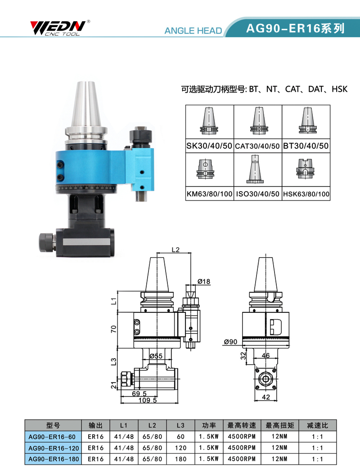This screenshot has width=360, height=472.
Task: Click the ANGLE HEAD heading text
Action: [x=193, y=31]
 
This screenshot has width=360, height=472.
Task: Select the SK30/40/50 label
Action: [x=209, y=146]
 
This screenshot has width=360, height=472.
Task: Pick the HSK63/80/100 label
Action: [x=306, y=194]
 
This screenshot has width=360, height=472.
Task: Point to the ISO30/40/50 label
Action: [x=257, y=194]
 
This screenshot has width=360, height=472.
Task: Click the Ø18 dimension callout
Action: [x=204, y=281]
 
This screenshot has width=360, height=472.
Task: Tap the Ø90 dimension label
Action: [x=230, y=342]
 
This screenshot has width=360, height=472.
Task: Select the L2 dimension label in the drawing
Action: [x=175, y=250]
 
